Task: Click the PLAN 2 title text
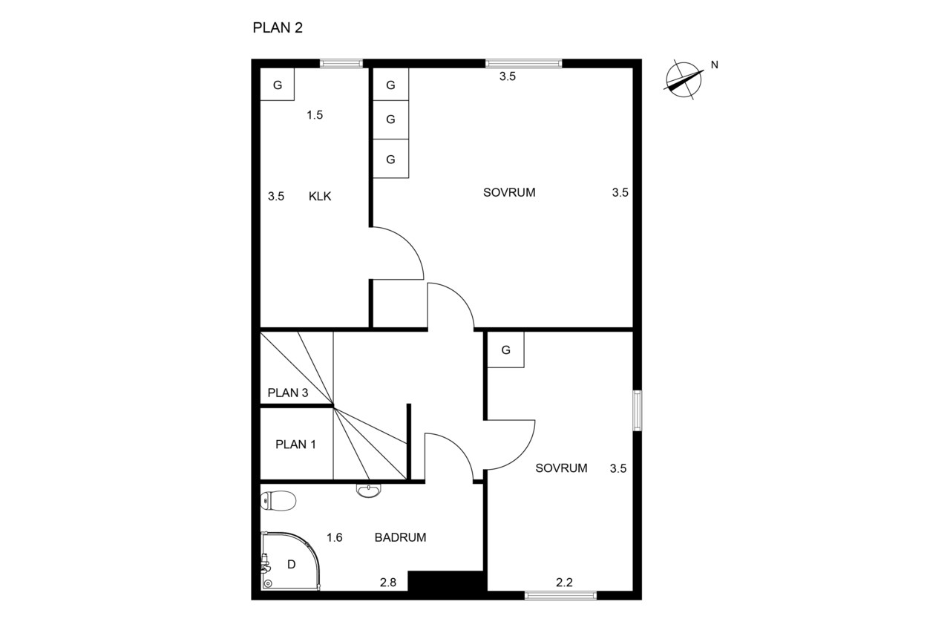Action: tap(278, 27)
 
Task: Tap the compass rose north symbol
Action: tap(684, 80)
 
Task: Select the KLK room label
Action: tap(320, 197)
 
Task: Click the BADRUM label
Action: tap(400, 537)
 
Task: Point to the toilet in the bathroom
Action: tap(278, 501)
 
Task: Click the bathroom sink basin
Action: tap(369, 491)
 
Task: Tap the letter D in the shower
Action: tap(292, 564)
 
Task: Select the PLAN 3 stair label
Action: tap(288, 393)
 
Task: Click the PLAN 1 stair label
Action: tap(295, 445)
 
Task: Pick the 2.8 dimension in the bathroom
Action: tap(388, 583)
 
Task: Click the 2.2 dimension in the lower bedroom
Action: tap(564, 583)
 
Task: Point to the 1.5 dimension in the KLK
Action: tap(315, 115)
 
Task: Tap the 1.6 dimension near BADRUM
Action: tap(334, 537)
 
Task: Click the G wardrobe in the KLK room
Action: tap(278, 85)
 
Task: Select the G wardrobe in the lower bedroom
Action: tap(505, 350)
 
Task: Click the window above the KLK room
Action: tap(341, 64)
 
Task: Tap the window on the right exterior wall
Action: tap(637, 410)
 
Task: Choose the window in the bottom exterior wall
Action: tap(560, 596)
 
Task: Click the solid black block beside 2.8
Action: tap(447, 581)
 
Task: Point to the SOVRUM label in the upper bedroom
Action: tap(509, 192)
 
